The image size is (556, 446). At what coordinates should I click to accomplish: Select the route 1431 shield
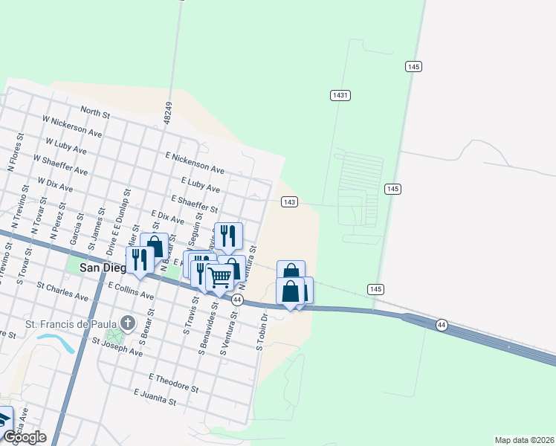click(x=340, y=95)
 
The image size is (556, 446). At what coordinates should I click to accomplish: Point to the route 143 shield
click(x=290, y=202)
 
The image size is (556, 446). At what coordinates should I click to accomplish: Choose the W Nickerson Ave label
click(x=72, y=125)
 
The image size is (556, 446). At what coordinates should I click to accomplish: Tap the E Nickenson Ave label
click(x=195, y=163)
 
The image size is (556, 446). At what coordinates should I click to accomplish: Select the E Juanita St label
click(x=155, y=396)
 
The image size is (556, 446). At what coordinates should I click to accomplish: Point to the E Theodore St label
click(x=174, y=383)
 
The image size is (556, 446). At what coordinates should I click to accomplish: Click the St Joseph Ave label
click(x=117, y=346)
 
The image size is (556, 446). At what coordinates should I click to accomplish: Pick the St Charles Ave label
click(x=61, y=292)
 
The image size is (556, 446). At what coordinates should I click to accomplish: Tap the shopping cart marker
click(x=220, y=277)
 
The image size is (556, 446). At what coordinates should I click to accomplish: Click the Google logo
click(x=25, y=437)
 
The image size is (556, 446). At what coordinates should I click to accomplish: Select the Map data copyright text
click(x=524, y=440)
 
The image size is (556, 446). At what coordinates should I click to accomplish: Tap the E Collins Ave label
click(x=130, y=290)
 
